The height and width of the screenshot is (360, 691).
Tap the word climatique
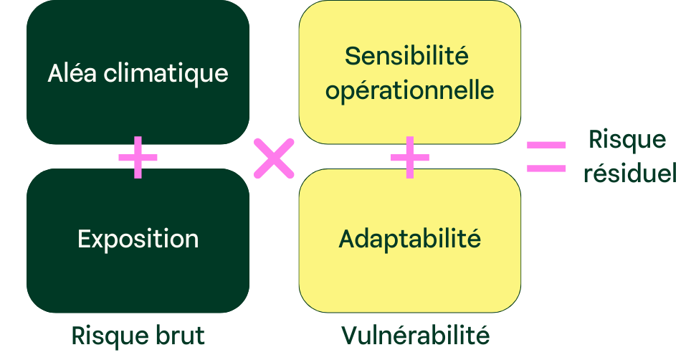(x=166, y=74)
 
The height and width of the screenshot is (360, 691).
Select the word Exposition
(x=138, y=239)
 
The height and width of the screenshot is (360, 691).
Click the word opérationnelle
(x=409, y=92)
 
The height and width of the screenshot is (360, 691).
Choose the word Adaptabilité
(x=409, y=238)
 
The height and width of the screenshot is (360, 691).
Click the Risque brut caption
(x=138, y=335)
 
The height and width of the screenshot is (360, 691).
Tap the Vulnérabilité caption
(x=414, y=335)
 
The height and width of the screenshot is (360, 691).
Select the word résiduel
(x=629, y=174)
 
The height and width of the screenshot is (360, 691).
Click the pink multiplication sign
(x=274, y=158)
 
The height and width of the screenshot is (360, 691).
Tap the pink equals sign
(x=546, y=156)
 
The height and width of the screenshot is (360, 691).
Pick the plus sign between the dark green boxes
(x=138, y=157)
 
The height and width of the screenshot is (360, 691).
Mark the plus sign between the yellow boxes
(x=409, y=156)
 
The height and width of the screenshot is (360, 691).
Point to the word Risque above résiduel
(x=627, y=139)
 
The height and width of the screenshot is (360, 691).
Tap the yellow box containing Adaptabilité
(x=409, y=280)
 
